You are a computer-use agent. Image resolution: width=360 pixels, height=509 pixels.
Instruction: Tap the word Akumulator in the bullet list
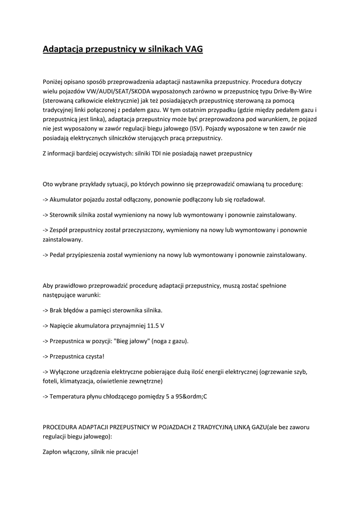click(x=68, y=199)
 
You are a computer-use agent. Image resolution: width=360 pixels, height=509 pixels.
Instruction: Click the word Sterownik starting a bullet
click(x=66, y=215)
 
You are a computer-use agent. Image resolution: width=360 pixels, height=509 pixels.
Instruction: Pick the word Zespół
click(x=60, y=230)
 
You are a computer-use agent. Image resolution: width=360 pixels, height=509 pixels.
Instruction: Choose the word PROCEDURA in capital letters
click(x=62, y=427)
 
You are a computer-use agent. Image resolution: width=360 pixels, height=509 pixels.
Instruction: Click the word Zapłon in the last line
click(x=54, y=452)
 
